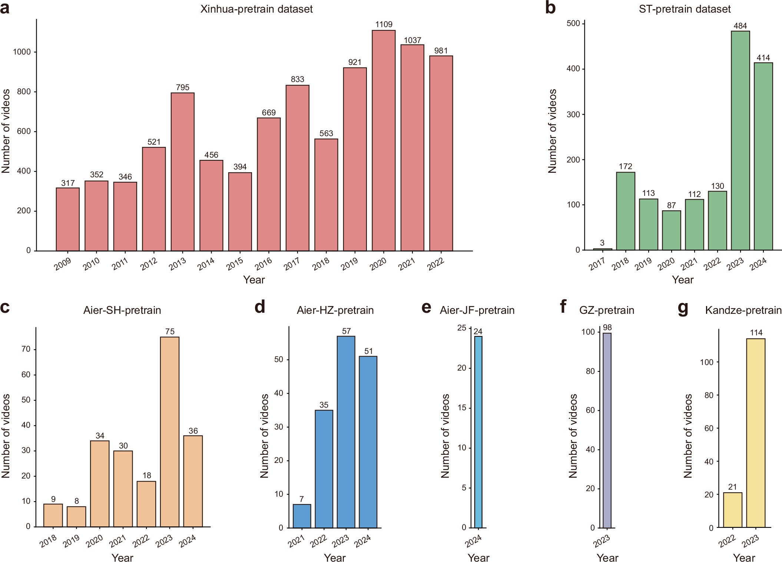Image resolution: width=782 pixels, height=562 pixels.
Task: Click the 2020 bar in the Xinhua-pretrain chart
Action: point(384,141)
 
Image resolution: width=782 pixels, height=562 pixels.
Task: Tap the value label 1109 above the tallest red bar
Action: point(384,24)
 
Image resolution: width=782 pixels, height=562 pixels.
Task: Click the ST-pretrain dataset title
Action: point(685,9)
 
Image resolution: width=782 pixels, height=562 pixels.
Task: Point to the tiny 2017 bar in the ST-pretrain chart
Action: point(602,249)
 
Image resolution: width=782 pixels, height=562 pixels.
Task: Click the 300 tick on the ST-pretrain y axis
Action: point(573,114)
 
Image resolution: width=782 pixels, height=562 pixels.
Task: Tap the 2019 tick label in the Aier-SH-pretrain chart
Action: point(72,542)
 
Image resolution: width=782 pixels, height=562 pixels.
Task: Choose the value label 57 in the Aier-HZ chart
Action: point(346,331)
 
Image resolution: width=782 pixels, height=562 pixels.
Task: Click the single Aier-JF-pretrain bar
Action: point(478,432)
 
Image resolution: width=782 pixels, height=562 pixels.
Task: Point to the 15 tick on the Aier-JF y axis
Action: point(461,408)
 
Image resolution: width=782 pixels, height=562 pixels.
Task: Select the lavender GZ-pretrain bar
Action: point(607,430)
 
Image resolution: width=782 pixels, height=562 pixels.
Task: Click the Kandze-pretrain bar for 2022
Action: point(733,510)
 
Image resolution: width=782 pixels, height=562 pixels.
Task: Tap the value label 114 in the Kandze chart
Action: point(756,333)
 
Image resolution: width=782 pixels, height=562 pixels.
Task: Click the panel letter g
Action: point(683,308)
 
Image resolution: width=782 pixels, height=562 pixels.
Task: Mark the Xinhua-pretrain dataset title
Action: point(256,9)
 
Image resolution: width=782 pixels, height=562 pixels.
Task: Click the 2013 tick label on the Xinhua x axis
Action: point(178,264)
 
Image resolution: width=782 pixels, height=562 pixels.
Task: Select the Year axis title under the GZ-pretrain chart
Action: point(607,558)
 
